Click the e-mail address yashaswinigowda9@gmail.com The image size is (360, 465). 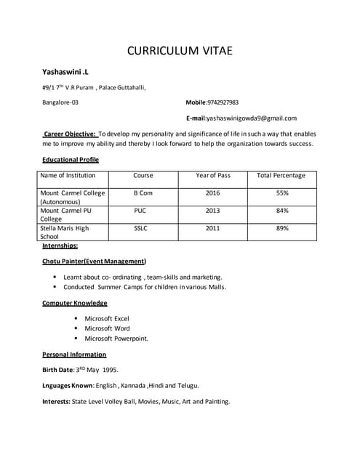tap(252, 118)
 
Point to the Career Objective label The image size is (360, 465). tap(70, 134)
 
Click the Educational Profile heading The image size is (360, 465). tap(71, 159)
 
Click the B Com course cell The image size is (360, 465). tap(143, 193)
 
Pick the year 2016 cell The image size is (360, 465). tap(213, 193)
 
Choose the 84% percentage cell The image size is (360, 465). tap(282, 211)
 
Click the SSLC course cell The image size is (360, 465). tap(141, 228)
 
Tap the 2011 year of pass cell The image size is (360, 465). tap(212, 228)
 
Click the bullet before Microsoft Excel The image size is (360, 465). tap(76, 318)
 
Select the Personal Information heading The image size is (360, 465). tap(74, 355)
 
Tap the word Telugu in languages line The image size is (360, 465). tap(187, 385)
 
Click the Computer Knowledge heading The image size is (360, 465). tap(75, 302)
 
